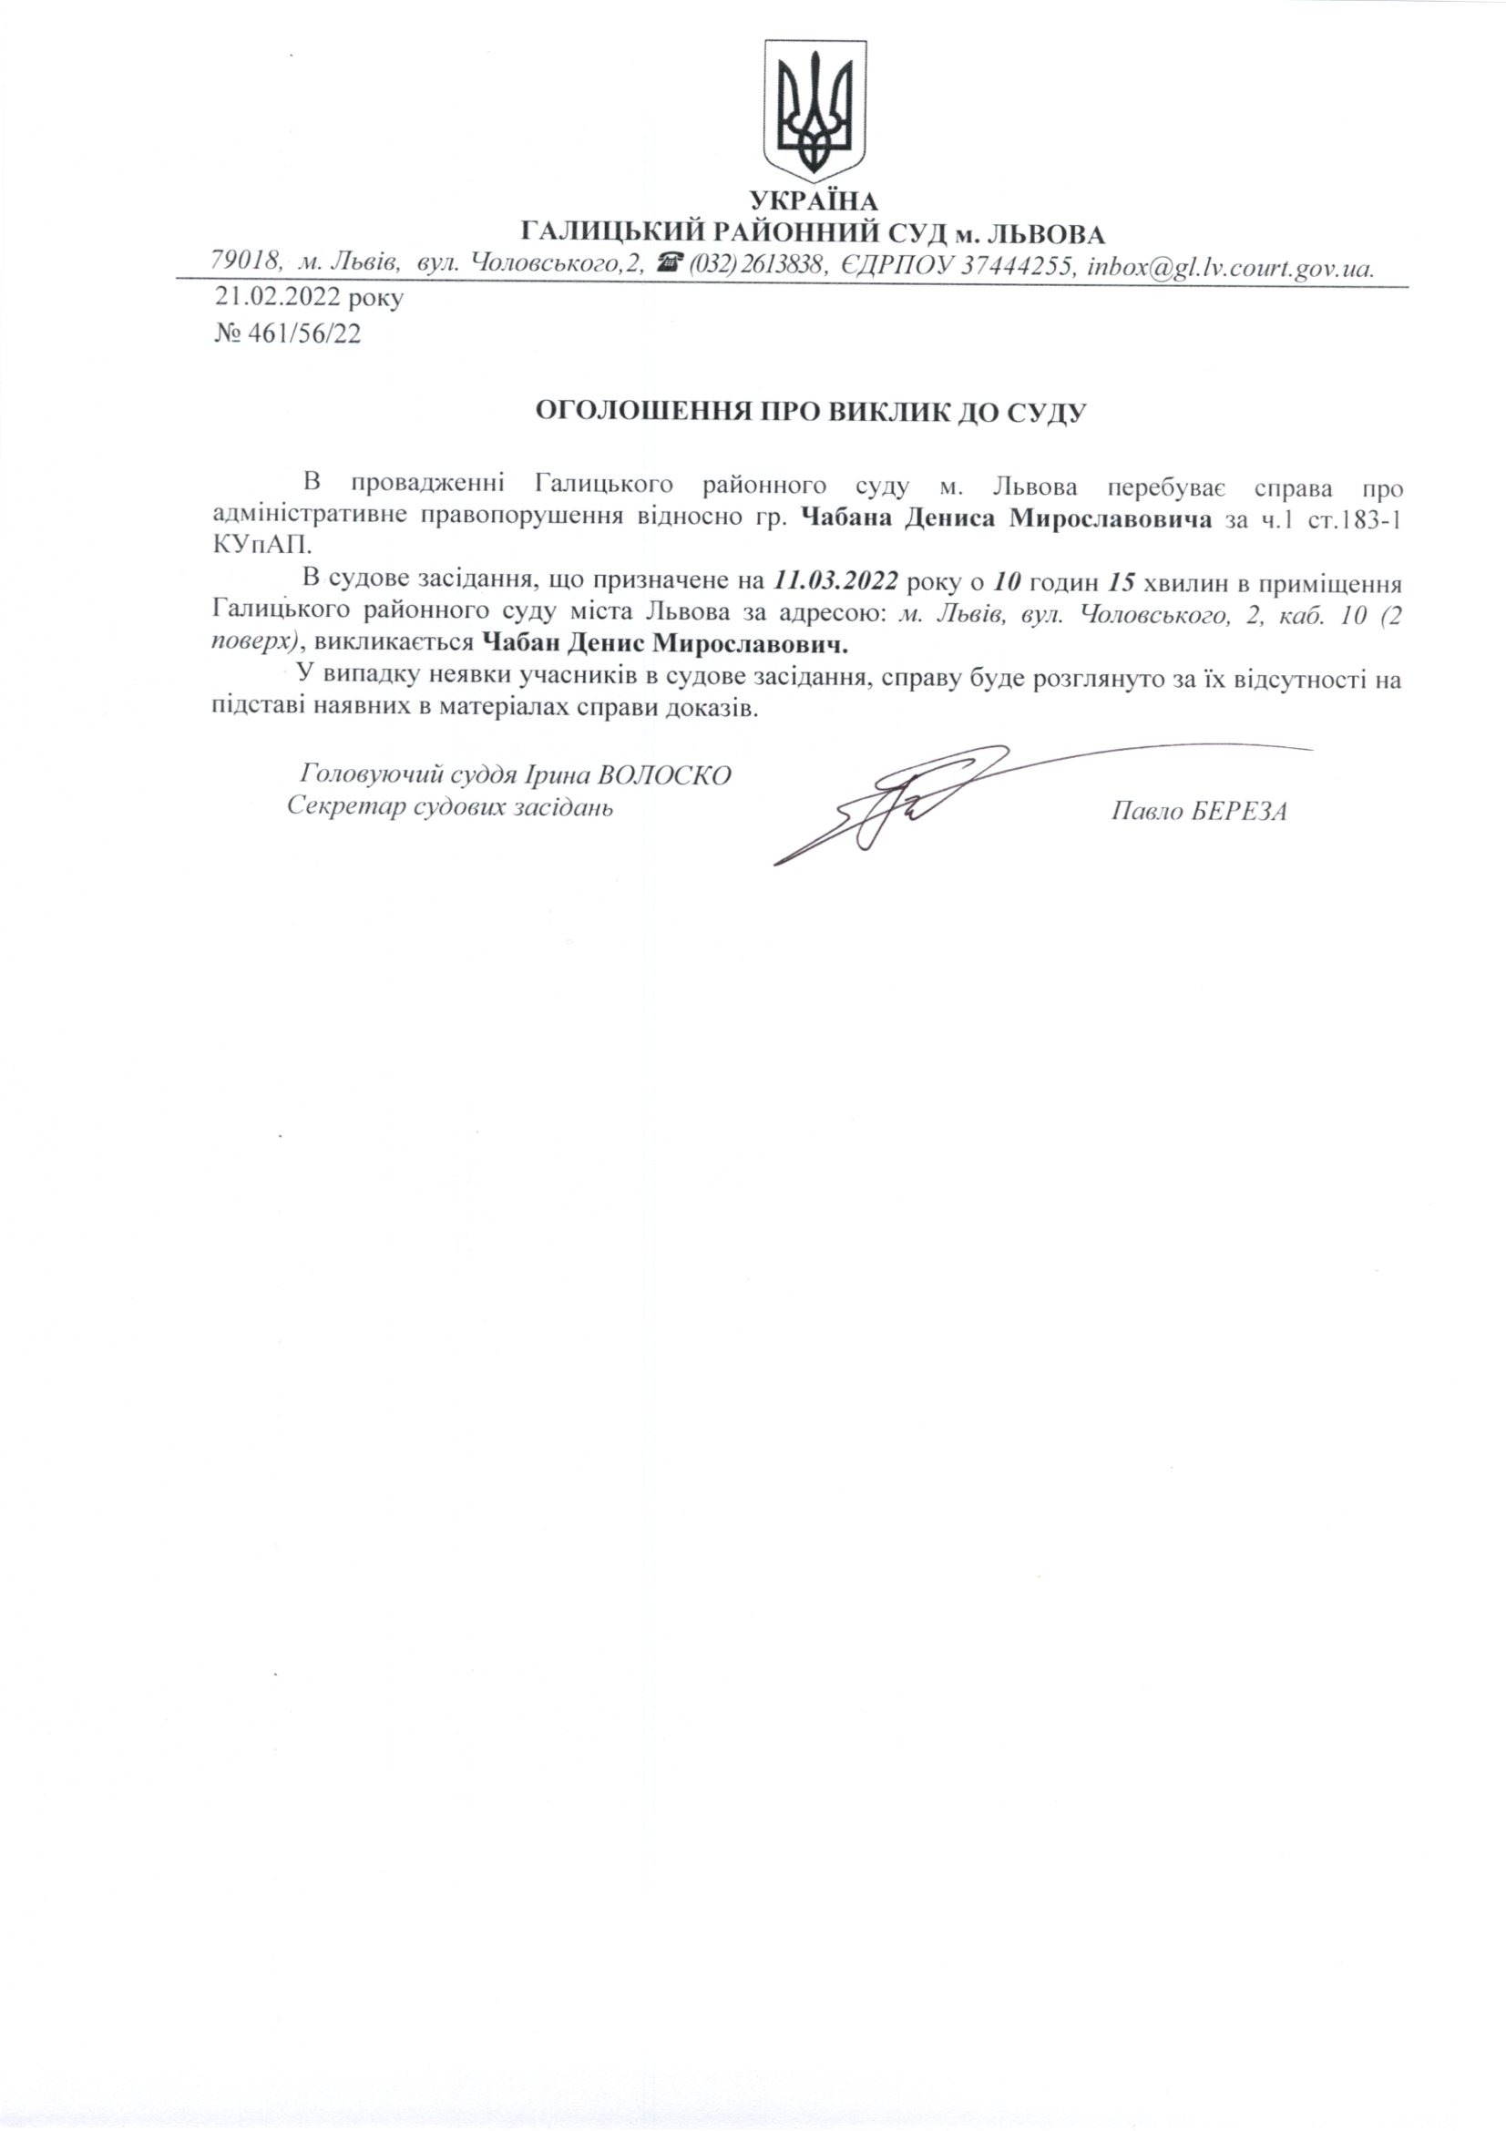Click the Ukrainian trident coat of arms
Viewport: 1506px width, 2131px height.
click(814, 110)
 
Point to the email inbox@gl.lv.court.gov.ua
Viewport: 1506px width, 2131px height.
click(1228, 266)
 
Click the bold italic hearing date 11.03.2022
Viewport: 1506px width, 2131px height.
click(834, 583)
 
